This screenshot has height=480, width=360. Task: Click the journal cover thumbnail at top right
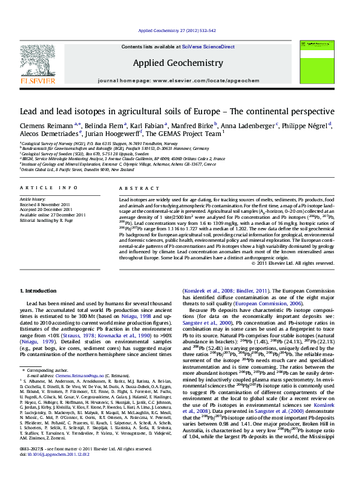click(319, 62)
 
